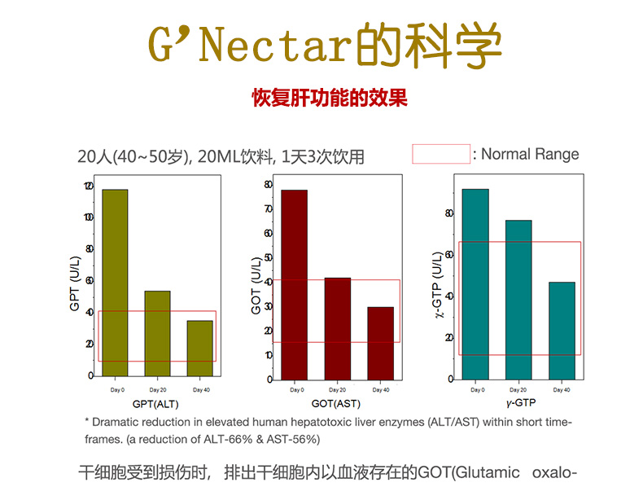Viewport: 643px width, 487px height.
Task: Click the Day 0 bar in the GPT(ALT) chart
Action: pos(115,283)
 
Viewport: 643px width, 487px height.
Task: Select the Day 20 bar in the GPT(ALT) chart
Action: pos(158,333)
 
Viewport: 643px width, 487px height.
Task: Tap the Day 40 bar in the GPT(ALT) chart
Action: pos(199,348)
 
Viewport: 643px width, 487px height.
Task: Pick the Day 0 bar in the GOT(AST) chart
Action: pos(294,285)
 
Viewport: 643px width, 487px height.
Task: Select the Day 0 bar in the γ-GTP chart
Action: pos(475,284)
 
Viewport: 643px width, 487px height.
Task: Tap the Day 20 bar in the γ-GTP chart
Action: pos(518,300)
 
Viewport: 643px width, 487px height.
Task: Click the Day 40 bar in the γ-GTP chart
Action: pos(562,331)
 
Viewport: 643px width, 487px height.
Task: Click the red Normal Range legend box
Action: pos(441,154)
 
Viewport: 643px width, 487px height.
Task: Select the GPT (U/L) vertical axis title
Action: pos(76,281)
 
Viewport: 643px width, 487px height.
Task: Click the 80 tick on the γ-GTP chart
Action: pos(450,213)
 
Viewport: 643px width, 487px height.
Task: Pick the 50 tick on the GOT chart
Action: pos(269,257)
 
